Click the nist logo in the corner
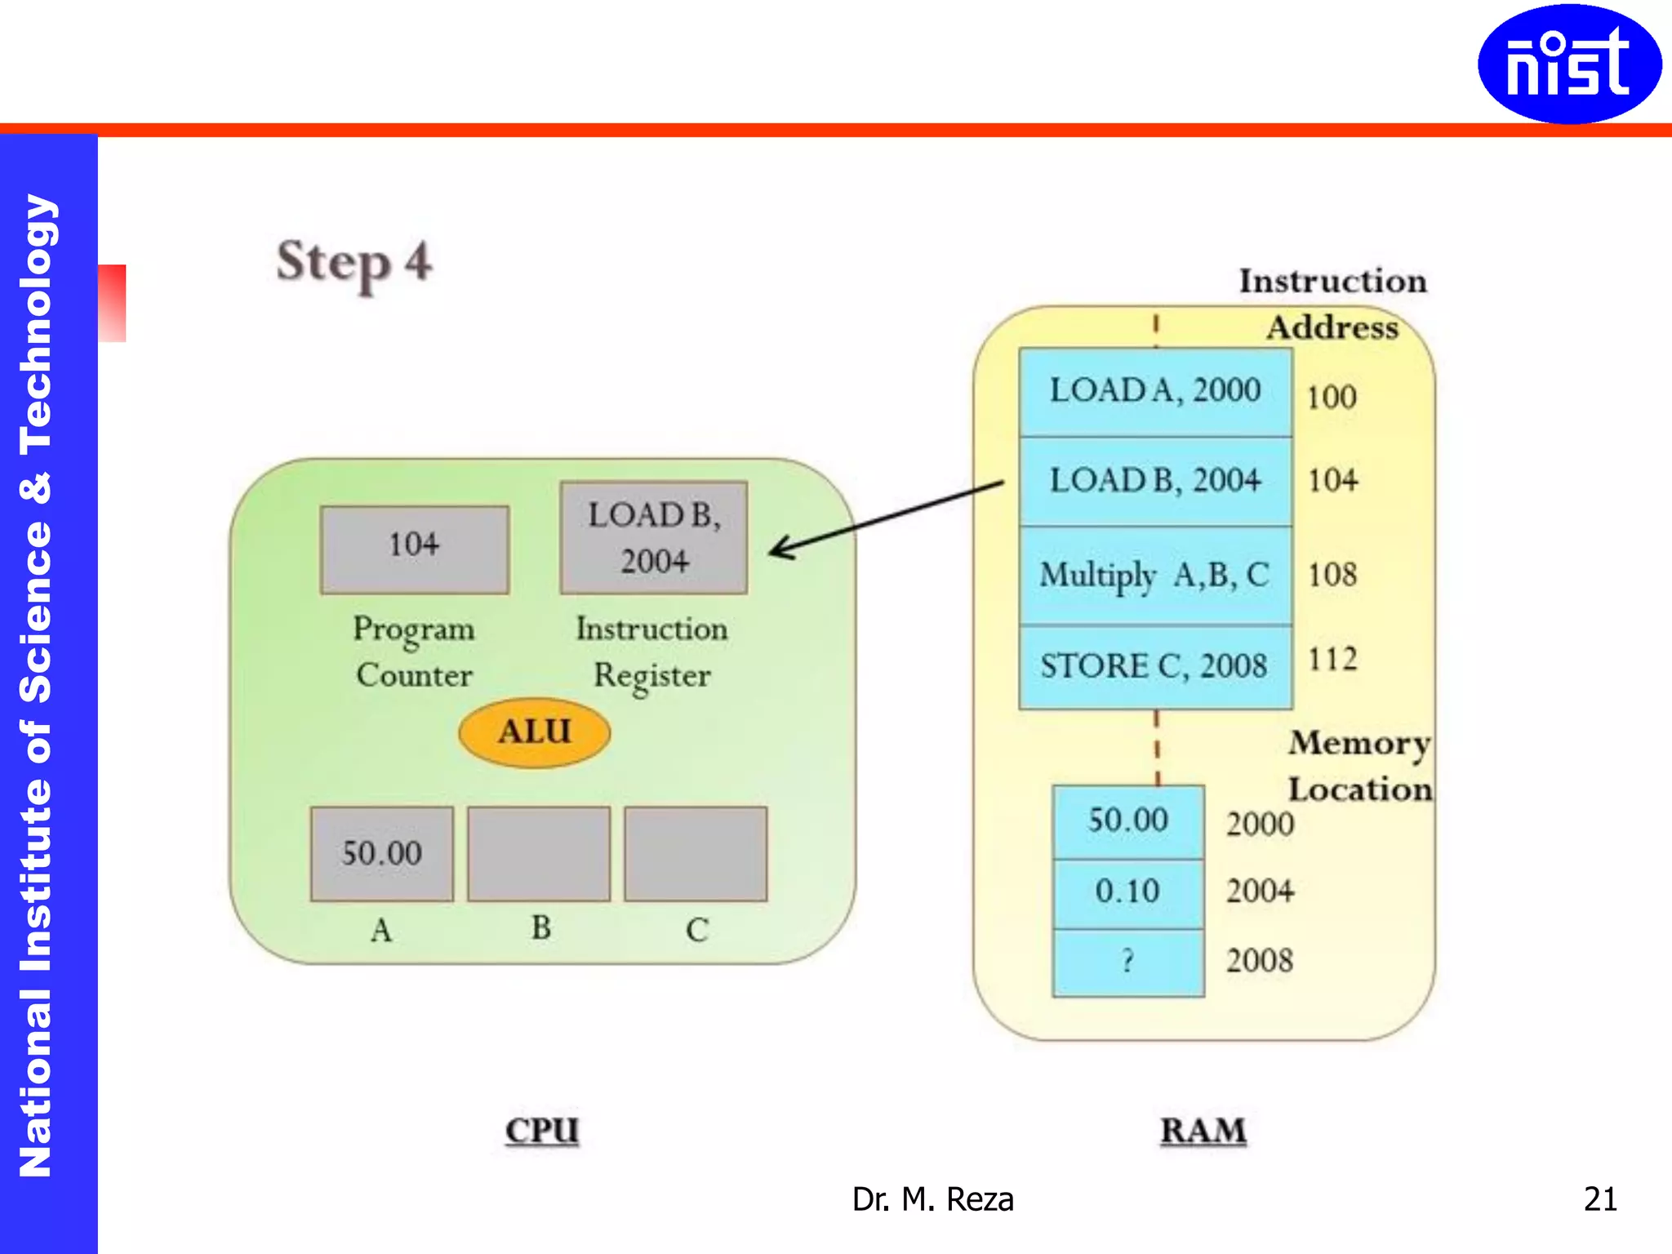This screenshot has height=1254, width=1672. coord(1568,64)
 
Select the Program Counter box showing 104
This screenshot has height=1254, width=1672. coord(415,549)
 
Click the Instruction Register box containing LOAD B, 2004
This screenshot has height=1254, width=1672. coord(654,537)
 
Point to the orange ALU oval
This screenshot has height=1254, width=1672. coord(535,732)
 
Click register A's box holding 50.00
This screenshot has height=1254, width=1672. coord(382,853)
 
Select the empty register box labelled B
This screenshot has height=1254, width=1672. coord(539,853)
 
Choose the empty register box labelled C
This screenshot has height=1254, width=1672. coord(696,853)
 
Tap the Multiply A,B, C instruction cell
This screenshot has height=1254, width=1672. coord(1155,576)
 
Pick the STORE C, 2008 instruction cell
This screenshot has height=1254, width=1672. coord(1155,666)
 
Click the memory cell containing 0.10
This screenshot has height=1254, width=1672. coord(1128,892)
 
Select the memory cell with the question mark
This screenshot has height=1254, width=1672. coord(1128,962)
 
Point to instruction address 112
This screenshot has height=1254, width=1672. coord(1332,660)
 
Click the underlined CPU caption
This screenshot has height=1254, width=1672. coord(542,1131)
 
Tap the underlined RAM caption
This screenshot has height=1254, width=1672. coord(1203,1131)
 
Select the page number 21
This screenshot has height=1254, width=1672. coord(1600,1198)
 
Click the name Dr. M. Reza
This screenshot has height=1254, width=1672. coord(932,1199)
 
